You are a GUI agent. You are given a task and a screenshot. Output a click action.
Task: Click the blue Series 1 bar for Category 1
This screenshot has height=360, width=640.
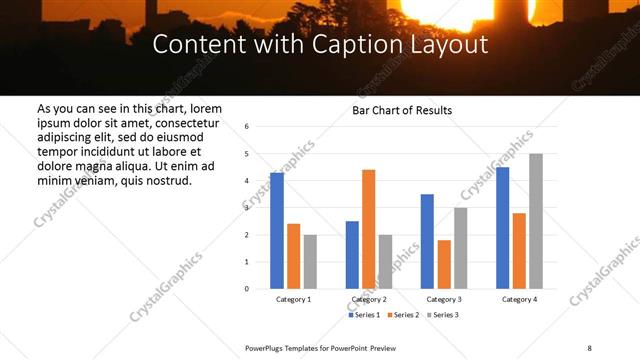pos(277,231)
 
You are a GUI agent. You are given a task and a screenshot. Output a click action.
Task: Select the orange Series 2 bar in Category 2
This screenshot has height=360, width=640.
pos(369,229)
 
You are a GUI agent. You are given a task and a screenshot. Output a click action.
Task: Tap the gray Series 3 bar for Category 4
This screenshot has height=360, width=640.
pos(536,221)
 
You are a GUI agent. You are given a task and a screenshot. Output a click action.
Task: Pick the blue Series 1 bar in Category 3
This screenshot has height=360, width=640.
pos(427,241)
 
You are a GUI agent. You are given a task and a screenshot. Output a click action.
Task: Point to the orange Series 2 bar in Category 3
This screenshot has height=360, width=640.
pos(444,264)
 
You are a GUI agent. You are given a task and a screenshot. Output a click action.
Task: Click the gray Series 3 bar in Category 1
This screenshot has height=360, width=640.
pos(310,262)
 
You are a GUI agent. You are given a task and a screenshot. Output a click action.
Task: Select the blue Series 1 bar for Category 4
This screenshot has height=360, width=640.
pos(503,228)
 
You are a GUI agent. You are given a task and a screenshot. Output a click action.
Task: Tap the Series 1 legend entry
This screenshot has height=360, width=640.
pos(363,315)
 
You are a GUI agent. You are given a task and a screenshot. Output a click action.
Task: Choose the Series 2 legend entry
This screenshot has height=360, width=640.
pos(403,315)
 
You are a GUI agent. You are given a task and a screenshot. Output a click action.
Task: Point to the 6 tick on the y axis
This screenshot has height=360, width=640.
pos(247,126)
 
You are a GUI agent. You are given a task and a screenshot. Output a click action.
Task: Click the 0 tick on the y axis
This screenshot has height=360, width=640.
pos(247,289)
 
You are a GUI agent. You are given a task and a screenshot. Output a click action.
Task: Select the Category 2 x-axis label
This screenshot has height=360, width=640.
pos(369,300)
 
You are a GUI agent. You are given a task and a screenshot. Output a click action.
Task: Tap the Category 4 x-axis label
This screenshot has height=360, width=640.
pos(519,300)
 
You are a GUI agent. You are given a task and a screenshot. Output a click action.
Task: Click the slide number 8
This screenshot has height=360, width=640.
pos(589,347)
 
